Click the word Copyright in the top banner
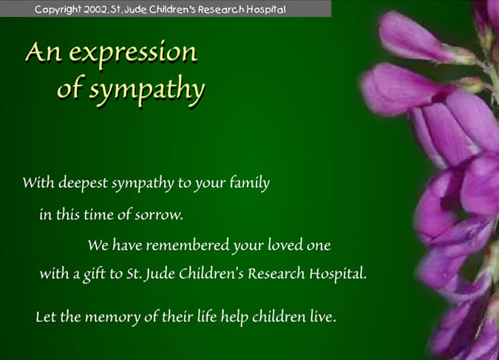58,10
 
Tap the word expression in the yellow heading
133,53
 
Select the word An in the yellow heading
44,52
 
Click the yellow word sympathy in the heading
146,89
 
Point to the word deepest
83,183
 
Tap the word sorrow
159,215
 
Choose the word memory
112,317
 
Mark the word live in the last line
323,316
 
